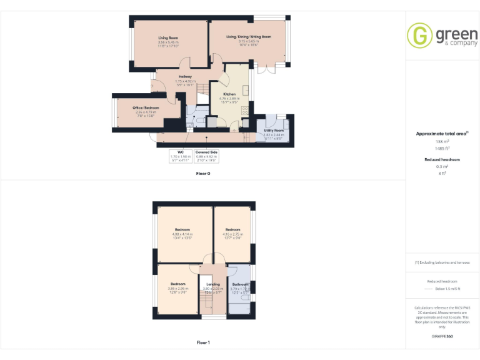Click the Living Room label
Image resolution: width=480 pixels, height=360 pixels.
point(168,38)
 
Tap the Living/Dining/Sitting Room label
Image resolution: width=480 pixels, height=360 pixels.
point(248,37)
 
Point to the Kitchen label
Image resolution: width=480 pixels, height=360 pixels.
point(229,94)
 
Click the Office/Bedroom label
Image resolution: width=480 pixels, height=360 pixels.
point(146,107)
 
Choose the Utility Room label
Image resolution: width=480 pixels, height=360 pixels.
point(274,130)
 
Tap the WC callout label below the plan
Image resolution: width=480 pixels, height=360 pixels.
point(180,151)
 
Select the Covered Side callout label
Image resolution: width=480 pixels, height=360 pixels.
point(206,151)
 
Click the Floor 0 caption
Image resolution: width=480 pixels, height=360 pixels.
point(202,173)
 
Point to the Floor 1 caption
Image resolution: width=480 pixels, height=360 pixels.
point(202,342)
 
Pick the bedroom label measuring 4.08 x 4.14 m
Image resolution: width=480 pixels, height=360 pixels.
point(182,229)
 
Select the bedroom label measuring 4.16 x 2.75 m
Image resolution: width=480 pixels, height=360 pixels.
point(232,229)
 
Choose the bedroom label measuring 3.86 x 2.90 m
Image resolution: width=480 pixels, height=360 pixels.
point(178,284)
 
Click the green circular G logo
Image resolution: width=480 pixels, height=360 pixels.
point(418,36)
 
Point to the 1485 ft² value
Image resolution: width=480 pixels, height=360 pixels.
point(442,148)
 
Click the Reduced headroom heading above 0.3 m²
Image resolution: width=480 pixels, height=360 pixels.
point(442,159)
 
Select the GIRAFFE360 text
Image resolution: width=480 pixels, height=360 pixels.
point(442,337)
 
